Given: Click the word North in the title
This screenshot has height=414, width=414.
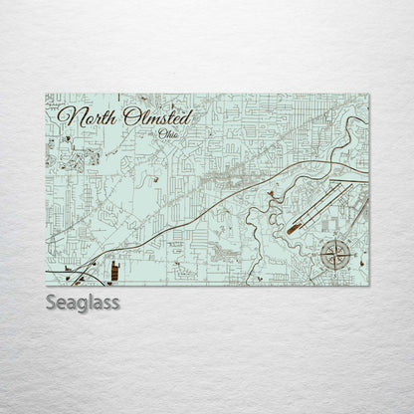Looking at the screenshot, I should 88,116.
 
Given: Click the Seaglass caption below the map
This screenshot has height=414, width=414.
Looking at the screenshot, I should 83,302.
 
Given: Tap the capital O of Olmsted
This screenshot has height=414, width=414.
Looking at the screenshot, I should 129,116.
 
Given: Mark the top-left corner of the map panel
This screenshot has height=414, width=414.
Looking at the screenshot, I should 46,95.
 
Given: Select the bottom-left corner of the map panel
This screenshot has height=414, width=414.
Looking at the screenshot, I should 46,283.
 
